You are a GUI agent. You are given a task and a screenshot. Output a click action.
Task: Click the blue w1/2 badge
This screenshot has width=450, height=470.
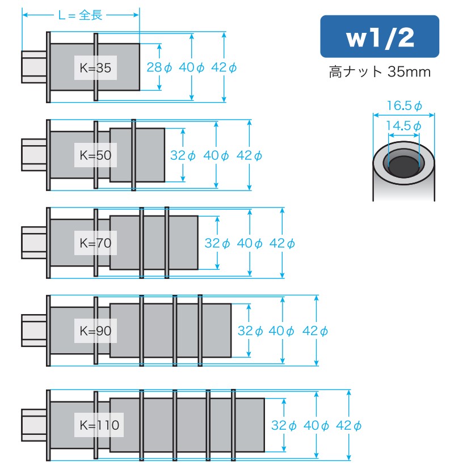click(379, 37)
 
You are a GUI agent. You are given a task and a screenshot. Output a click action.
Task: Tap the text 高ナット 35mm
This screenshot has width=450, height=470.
click(379, 73)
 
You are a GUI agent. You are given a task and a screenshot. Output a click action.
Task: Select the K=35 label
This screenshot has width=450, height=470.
click(95, 68)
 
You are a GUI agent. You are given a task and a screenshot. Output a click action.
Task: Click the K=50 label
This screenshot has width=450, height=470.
click(95, 155)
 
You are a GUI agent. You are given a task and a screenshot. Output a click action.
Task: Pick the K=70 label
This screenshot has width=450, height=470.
click(95, 243)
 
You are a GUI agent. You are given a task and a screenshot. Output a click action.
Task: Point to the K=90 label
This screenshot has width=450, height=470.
click(95, 331)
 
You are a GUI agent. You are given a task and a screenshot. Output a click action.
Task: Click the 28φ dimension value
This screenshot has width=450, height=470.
click(159, 67)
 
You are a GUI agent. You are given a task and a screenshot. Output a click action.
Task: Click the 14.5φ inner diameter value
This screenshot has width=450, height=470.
click(404, 126)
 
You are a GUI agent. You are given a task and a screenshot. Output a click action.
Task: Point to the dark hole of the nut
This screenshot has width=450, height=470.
click(403, 166)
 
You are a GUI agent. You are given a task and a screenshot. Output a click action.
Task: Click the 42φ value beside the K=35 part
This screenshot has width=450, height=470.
click(224, 67)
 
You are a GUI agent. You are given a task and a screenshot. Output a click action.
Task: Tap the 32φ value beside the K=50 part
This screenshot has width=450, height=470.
click(183, 155)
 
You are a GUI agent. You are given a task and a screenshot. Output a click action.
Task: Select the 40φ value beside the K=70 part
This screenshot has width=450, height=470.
click(250, 243)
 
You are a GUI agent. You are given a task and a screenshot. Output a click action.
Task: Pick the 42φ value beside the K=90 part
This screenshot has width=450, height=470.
click(315, 331)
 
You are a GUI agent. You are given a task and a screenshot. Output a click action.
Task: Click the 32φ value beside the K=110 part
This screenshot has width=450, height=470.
click(283, 425)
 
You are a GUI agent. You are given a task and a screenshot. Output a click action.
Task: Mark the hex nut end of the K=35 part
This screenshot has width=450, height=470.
click(33, 67)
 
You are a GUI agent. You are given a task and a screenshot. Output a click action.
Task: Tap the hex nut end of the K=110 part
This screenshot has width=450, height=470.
click(33, 425)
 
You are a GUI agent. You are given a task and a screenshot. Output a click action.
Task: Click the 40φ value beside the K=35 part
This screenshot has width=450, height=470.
click(192, 67)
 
